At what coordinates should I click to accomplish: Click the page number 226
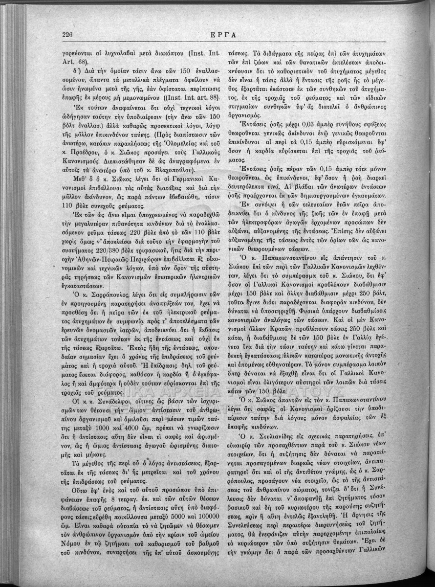(x=67, y=34)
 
